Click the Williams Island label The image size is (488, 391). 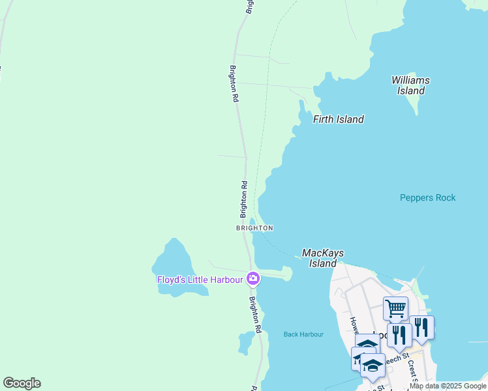coord(410,85)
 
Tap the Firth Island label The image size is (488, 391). coord(338,119)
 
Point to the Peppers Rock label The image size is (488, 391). coord(427,197)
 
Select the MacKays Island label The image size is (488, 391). coord(322,258)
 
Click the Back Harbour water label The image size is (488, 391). coord(303,334)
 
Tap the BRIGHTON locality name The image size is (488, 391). coord(254,228)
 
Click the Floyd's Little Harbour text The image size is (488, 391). coord(200,280)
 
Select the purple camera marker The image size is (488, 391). coord(253,279)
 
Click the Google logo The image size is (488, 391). coord(22,383)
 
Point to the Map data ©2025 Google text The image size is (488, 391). coord(448,386)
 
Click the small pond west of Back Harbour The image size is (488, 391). coord(247,341)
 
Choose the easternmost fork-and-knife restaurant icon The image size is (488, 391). coord(421,327)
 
